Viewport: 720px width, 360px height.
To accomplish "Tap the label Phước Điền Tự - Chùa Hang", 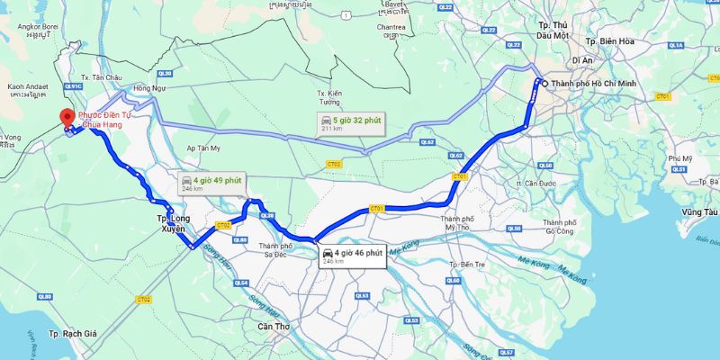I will pyautogui.click(x=101, y=120).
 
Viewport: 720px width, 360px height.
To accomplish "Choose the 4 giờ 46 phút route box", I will pyautogui.click(x=353, y=256).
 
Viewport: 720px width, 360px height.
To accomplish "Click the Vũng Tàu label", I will pyautogui.click(x=699, y=211).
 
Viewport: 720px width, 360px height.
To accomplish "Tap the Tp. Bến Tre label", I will pyautogui.click(x=466, y=265).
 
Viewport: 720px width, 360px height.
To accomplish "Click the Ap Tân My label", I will pyautogui.click(x=202, y=148).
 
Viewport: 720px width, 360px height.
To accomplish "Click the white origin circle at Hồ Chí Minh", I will pyautogui.click(x=544, y=83).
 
